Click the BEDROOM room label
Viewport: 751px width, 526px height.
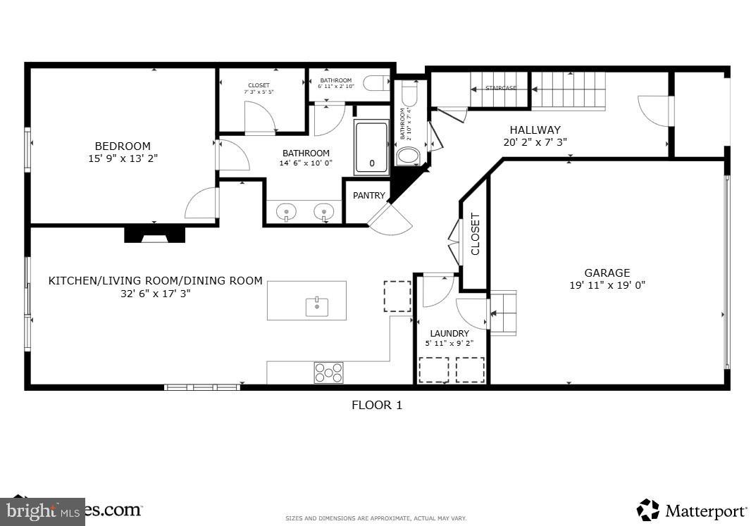(123, 146)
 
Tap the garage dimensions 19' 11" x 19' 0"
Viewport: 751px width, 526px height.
(607, 285)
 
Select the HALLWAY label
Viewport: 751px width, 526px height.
(535, 130)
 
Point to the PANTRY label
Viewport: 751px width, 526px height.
(369, 196)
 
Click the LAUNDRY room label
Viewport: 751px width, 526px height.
(449, 333)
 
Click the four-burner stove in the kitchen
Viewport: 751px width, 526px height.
(328, 372)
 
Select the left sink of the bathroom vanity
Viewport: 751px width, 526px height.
(286, 211)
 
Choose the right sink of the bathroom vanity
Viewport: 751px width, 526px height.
(324, 211)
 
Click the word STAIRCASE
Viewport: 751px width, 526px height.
(501, 88)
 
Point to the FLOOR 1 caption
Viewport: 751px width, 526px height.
(377, 405)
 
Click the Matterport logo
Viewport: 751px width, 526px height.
(692, 510)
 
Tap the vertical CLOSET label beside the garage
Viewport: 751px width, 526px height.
(475, 234)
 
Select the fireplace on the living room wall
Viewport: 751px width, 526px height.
(154, 235)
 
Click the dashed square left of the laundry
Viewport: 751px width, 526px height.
(397, 296)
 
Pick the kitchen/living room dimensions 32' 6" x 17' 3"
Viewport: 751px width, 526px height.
(155, 293)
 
